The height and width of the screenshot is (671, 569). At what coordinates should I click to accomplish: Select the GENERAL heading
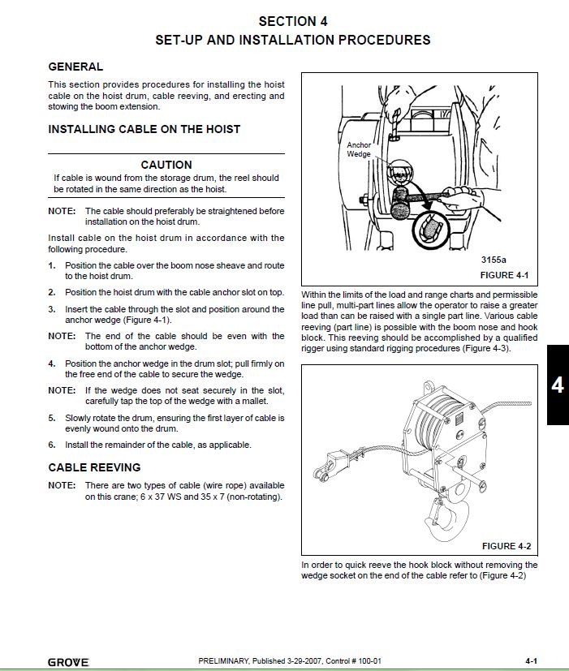point(75,67)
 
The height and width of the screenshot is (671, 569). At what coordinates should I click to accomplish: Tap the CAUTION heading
point(166,165)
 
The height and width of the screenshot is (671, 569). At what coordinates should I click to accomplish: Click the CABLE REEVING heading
point(94,467)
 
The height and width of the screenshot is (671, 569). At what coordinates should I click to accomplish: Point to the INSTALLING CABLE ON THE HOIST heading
point(144,129)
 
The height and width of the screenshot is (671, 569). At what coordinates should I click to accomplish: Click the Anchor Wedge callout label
point(359,149)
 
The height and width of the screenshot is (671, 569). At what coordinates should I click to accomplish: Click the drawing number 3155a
point(493,260)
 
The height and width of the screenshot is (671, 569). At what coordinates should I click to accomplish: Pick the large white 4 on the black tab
point(557,385)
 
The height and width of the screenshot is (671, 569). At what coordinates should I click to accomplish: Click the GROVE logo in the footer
point(68,662)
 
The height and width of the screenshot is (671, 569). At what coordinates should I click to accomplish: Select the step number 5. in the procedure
point(52,418)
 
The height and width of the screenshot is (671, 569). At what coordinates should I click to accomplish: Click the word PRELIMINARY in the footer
point(225,661)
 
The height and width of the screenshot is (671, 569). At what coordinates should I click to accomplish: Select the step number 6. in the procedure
point(52,445)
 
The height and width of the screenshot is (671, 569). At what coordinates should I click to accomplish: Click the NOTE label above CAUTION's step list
point(62,211)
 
